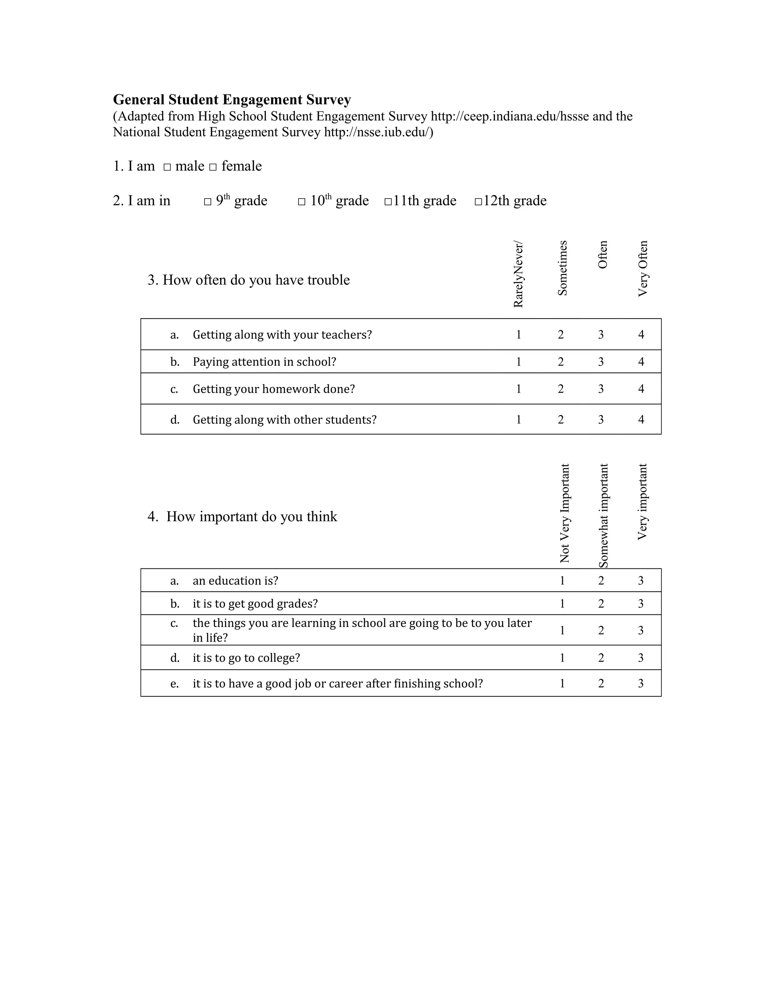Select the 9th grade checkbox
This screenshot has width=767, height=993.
[207, 202]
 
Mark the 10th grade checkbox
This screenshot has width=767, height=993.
[302, 202]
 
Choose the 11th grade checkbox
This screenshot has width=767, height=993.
[388, 202]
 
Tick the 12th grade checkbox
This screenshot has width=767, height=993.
[478, 202]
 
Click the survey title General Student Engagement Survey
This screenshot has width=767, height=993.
[232, 100]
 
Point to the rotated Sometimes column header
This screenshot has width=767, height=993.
[563, 268]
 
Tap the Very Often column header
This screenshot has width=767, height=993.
[643, 269]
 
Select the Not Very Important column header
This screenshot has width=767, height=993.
[565, 513]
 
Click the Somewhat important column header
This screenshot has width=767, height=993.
[603, 516]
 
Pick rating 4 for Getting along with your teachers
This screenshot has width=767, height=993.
[641, 335]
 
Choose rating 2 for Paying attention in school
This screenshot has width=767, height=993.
[561, 362]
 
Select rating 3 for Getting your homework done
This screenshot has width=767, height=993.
[601, 389]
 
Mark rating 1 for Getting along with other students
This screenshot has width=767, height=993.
[518, 419]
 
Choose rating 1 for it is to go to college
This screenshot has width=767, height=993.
[562, 658]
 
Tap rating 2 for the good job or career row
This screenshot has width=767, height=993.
[601, 683]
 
